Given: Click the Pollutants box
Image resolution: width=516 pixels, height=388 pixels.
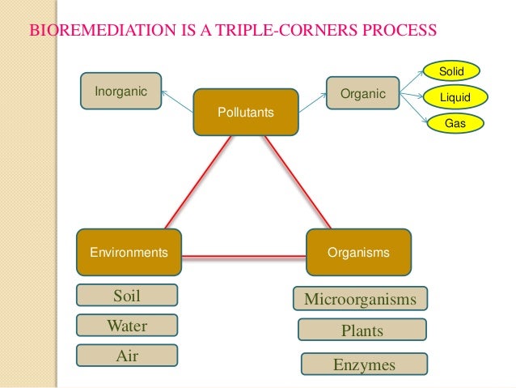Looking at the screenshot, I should tap(245, 113).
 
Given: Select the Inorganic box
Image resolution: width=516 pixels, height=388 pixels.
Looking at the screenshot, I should tap(121, 92).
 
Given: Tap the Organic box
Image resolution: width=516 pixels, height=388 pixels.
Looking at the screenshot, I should tap(363, 94).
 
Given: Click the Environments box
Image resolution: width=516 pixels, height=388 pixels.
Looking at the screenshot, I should tap(129, 252).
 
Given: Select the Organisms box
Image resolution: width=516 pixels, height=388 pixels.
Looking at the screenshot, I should tap(358, 252).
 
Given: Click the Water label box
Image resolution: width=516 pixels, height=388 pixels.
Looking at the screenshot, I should tap(127, 326).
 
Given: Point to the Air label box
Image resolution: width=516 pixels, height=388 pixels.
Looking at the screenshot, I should tap(127, 356).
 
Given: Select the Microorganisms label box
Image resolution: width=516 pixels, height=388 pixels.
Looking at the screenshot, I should tap(360, 300).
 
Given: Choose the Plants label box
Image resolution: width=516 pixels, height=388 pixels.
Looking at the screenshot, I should tap(362, 330).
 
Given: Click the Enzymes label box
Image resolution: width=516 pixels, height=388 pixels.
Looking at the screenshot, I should tap(364, 365).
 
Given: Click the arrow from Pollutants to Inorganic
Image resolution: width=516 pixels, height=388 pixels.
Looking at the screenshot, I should tap(177, 100).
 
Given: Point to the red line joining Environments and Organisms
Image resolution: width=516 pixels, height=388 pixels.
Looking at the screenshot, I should tap(243, 257).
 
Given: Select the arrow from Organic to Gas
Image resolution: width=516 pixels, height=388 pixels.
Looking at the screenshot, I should tap(414, 113).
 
